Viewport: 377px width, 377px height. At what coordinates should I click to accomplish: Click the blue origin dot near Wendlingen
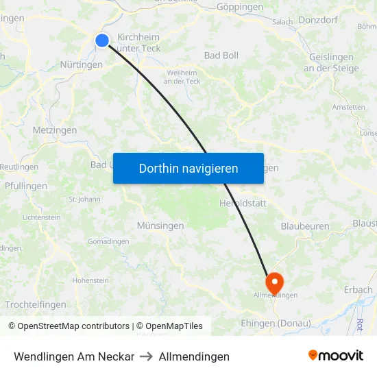102,40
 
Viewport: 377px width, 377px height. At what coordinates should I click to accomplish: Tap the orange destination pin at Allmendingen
274,282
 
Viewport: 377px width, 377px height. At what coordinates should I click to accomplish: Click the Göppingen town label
239,7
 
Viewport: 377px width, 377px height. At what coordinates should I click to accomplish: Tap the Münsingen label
160,226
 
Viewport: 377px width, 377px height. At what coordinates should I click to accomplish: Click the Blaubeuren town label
305,226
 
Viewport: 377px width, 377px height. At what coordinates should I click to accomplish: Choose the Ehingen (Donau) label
276,324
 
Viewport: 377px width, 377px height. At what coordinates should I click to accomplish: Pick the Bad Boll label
221,55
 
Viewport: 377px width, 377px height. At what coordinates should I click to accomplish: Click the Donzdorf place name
318,20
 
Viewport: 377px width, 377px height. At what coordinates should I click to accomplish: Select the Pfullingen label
26,186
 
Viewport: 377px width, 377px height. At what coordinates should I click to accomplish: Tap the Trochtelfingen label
36,304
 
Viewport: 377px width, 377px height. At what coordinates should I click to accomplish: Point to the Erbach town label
358,290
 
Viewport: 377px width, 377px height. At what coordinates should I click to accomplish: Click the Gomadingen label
108,241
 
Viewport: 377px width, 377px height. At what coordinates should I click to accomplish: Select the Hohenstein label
90,280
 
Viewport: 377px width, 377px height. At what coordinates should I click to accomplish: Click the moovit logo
335,356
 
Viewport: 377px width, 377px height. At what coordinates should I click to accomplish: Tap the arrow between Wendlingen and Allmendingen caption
147,356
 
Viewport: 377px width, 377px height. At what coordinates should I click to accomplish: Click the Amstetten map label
348,107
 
